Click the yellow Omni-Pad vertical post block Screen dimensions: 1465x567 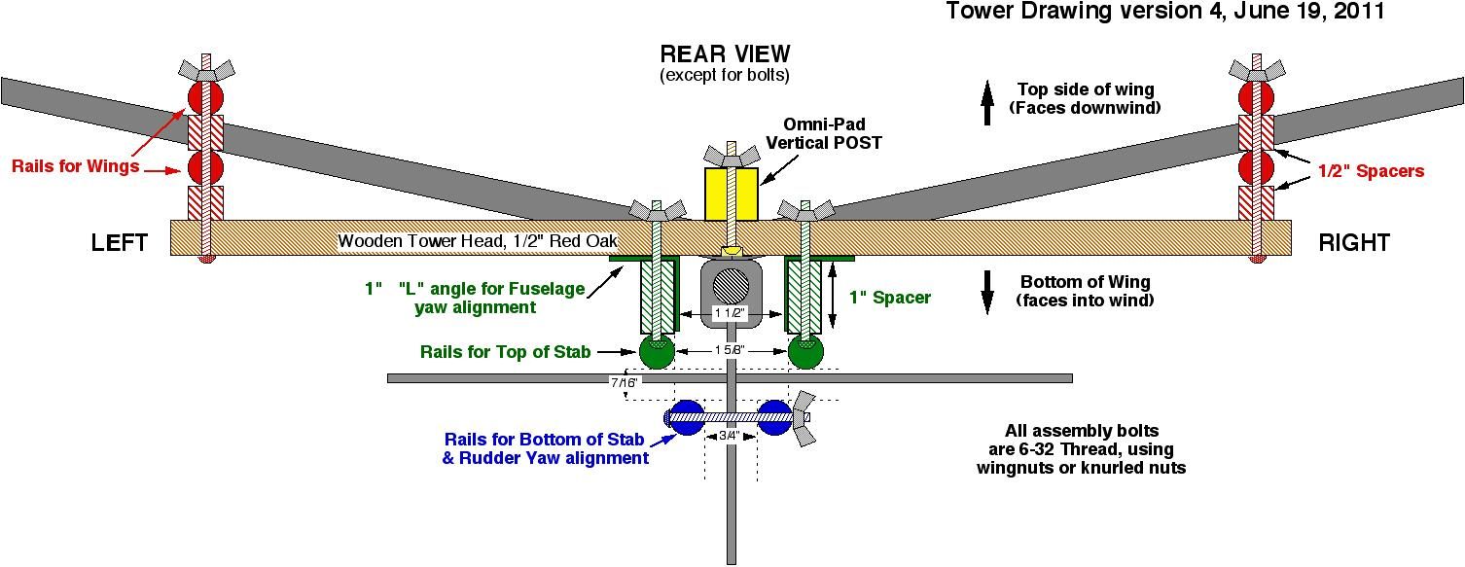732,194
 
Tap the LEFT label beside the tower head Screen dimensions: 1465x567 119,242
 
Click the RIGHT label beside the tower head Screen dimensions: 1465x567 1354,242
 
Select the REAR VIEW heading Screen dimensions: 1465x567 725,53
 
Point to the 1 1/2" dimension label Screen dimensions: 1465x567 730,313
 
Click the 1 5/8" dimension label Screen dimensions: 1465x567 730,350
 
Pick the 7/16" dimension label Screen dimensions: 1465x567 624,382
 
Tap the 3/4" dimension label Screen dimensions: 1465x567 730,436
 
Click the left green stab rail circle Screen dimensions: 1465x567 657,351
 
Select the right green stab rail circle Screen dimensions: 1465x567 805,351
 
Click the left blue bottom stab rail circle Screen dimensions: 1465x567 687,417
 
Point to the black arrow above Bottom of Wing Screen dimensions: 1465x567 987,293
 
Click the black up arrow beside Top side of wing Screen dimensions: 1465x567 987,103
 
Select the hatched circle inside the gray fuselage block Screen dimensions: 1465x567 732,286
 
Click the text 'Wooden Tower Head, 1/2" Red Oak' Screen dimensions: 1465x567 478,241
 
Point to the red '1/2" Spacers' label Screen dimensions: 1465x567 1371,171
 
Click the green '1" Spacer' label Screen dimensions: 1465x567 889,298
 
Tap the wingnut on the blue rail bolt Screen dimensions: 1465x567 804,418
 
